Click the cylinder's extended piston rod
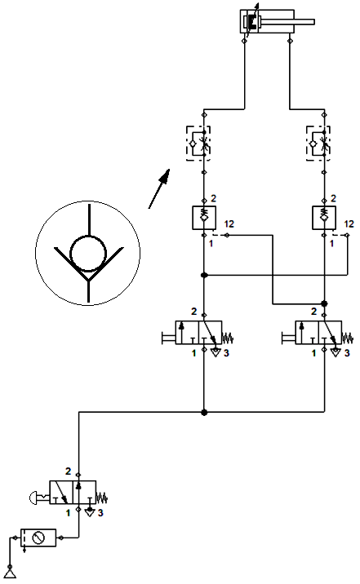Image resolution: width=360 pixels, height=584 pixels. click(x=287, y=22)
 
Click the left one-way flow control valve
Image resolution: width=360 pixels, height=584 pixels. click(x=198, y=144)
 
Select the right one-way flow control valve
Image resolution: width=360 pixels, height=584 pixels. click(x=318, y=144)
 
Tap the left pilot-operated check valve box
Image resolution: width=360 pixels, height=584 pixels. click(x=204, y=218)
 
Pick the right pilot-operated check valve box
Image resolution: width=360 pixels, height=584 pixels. click(x=324, y=218)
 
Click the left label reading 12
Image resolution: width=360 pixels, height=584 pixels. click(x=229, y=223)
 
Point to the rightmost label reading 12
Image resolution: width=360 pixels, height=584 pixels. click(x=349, y=223)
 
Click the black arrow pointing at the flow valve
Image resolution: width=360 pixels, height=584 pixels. click(x=159, y=188)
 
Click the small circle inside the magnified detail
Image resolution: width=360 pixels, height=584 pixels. click(x=88, y=254)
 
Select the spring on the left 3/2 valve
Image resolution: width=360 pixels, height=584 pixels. click(x=227, y=338)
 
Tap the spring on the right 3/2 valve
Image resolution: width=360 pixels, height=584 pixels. click(x=347, y=338)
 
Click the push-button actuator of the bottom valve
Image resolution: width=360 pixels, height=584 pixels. click(x=38, y=498)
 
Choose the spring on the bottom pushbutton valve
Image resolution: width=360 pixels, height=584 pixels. click(x=102, y=498)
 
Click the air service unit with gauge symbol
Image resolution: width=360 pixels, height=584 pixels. click(x=38, y=538)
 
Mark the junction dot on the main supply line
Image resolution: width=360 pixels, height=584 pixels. click(x=204, y=412)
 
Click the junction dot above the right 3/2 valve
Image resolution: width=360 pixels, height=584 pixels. click(x=324, y=304)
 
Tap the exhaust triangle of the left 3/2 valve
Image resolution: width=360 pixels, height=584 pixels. click(x=216, y=352)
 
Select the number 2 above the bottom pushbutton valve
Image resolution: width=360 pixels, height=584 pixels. click(x=68, y=471)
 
